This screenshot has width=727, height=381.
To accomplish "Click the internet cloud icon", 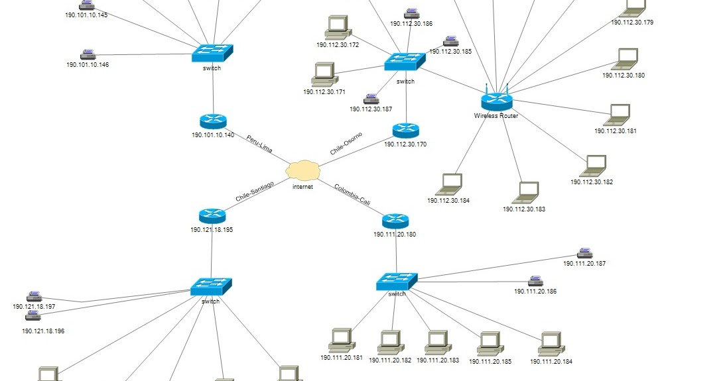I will [x=302, y=170].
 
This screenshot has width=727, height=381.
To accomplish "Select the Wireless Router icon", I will [x=496, y=100].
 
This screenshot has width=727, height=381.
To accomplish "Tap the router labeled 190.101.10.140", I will [x=213, y=121].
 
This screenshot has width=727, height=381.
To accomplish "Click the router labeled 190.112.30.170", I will [x=406, y=130].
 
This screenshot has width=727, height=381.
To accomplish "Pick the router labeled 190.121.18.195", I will [x=212, y=215].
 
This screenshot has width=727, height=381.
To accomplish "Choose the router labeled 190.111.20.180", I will [x=396, y=221].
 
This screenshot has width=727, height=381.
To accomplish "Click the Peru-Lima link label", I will [x=259, y=144].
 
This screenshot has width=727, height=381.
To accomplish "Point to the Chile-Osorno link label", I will [x=346, y=144].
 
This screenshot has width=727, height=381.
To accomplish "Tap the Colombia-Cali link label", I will [x=352, y=194].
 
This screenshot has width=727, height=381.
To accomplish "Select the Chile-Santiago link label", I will [x=255, y=191].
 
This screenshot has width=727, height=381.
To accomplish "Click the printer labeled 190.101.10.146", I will [x=88, y=54].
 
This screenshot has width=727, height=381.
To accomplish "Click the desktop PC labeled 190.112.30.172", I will [x=338, y=28].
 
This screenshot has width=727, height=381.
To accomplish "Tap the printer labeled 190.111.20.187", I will [x=584, y=252].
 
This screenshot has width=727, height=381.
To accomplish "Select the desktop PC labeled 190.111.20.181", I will [x=342, y=340].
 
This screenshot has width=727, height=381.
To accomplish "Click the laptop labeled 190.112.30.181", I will [x=618, y=115].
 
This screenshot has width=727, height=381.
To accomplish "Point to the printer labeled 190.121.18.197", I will [x=34, y=296].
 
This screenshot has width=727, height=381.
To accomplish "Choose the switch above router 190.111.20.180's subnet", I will [x=397, y=282].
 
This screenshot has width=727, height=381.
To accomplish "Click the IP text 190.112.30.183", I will [x=524, y=209].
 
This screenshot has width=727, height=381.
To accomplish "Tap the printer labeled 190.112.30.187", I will [x=380, y=99].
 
